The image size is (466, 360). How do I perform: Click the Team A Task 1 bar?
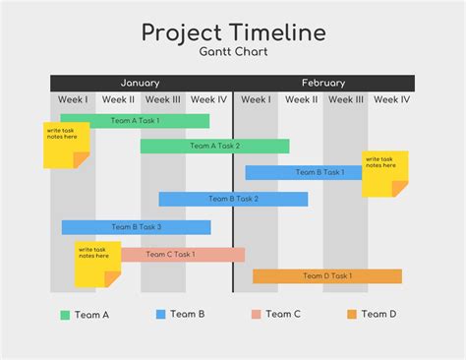click(x=135, y=121)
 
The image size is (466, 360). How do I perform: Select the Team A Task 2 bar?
click(x=214, y=147)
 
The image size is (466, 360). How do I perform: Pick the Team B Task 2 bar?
click(x=233, y=199)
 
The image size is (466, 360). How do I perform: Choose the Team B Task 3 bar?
click(x=136, y=227)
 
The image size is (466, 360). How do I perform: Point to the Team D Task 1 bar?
click(x=327, y=276)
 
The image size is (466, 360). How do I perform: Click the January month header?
click(x=140, y=83)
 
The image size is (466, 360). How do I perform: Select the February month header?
click(x=323, y=83)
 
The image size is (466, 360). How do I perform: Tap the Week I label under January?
click(x=73, y=99)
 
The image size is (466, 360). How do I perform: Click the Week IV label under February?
click(x=391, y=99)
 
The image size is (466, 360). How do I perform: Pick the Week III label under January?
click(x=163, y=99)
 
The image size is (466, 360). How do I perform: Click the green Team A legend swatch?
click(x=65, y=315)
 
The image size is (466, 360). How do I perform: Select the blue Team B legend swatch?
click(x=161, y=315)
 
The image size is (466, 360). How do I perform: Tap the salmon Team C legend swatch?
click(x=257, y=315)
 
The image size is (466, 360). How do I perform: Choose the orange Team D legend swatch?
click(x=351, y=315)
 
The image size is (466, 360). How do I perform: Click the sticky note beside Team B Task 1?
click(x=384, y=172)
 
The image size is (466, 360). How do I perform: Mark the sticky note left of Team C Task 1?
click(x=97, y=263)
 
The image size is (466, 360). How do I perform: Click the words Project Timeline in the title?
click(x=233, y=31)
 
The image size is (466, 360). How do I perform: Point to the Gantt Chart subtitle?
click(x=233, y=50)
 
